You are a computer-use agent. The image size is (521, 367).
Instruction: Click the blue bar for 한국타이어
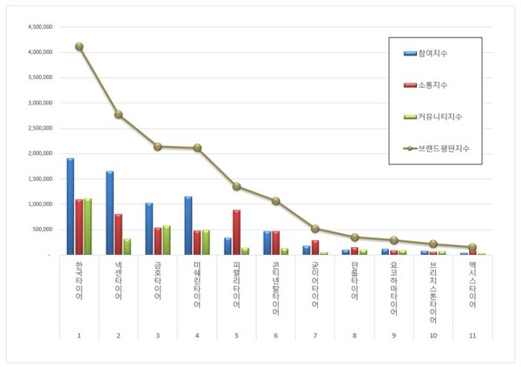pyautogui.click(x=70, y=207)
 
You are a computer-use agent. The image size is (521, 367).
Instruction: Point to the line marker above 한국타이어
pyautogui.click(x=79, y=46)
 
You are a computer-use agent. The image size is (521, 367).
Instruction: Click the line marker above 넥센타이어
pyautogui.click(x=118, y=114)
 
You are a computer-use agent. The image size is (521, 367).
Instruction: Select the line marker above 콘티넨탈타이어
pyautogui.click(x=275, y=201)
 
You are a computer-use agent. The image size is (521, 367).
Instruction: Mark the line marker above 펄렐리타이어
pyautogui.click(x=236, y=186)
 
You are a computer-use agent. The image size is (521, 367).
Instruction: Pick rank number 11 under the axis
pyautogui.click(x=472, y=335)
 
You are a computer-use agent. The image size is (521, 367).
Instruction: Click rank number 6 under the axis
pyautogui.click(x=275, y=335)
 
